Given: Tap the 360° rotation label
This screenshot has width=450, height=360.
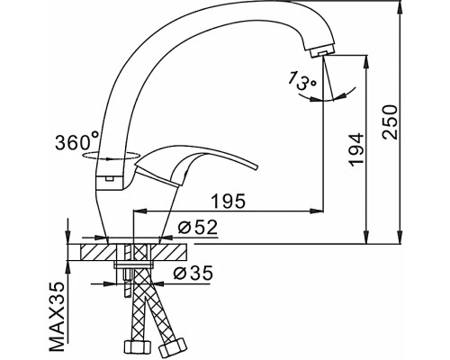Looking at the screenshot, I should pos(77,142).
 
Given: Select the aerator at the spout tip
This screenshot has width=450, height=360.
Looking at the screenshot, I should pos(317,55).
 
